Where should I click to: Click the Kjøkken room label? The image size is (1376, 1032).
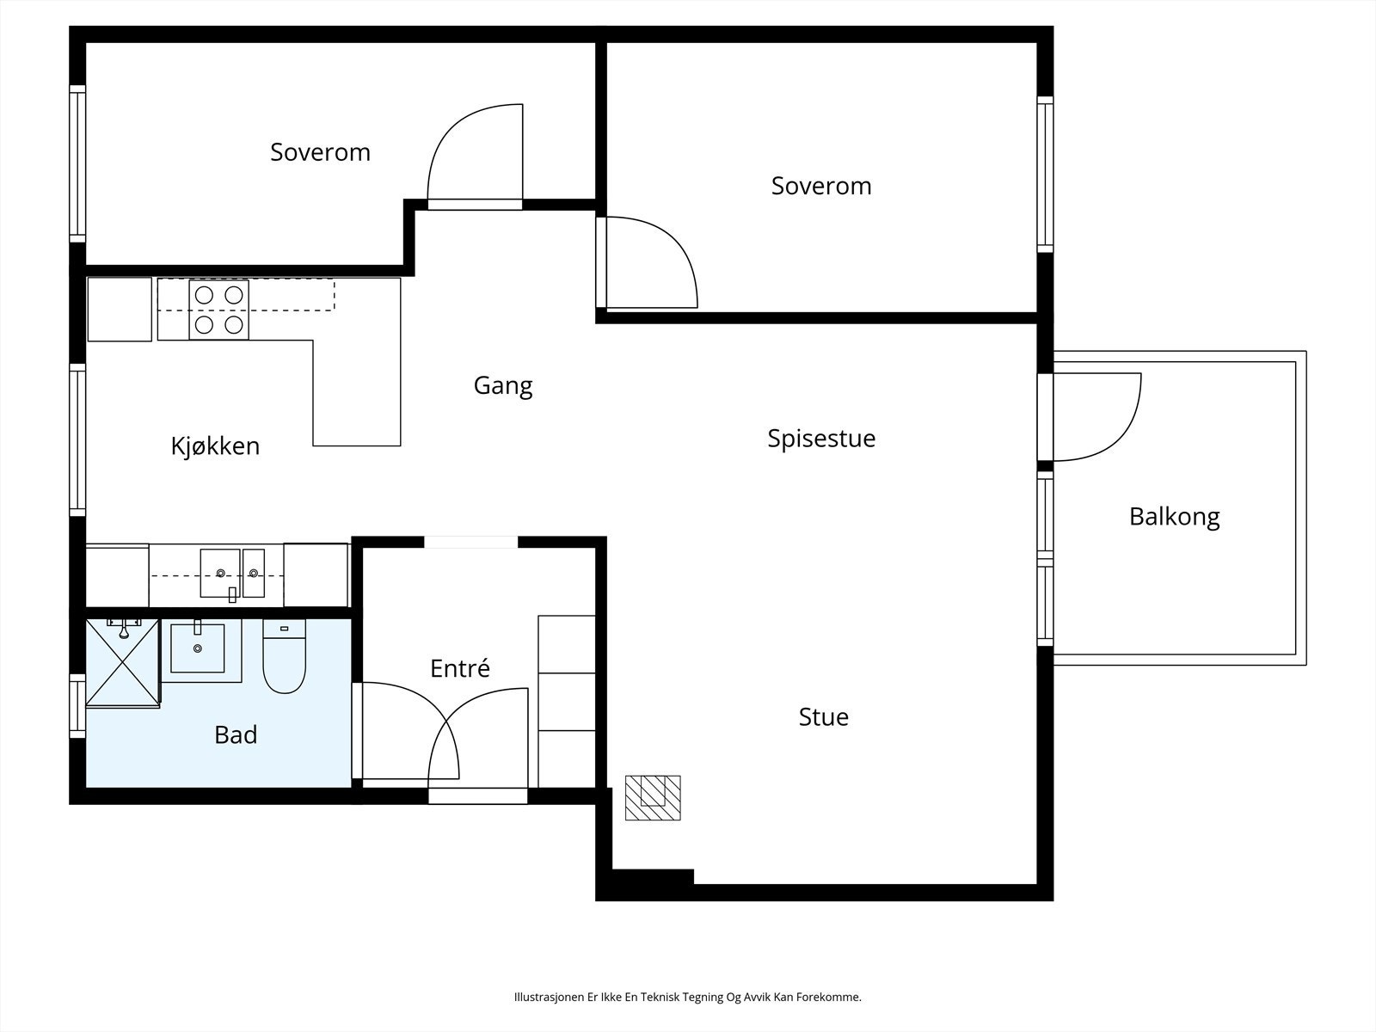(215, 446)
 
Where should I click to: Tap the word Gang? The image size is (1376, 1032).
(503, 385)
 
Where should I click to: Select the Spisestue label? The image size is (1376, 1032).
(821, 438)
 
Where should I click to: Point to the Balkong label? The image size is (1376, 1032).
(1174, 517)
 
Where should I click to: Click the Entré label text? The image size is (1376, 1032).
(459, 668)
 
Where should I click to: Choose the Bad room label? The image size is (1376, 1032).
(236, 734)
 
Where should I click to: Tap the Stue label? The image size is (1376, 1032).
(823, 717)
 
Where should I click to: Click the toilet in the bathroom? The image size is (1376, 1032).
(284, 656)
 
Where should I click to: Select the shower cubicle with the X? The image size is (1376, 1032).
(123, 663)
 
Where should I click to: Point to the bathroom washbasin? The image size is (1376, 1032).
(198, 648)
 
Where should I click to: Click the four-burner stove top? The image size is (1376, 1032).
(218, 310)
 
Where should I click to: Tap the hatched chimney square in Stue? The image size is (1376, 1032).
(653, 798)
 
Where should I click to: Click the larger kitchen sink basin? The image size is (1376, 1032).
(220, 574)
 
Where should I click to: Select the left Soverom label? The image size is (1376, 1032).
(320, 152)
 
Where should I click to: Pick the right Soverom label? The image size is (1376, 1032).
(821, 186)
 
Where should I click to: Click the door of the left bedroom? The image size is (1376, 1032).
(475, 157)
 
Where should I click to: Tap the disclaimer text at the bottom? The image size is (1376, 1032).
(688, 997)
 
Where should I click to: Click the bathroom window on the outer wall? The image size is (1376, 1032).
(77, 705)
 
